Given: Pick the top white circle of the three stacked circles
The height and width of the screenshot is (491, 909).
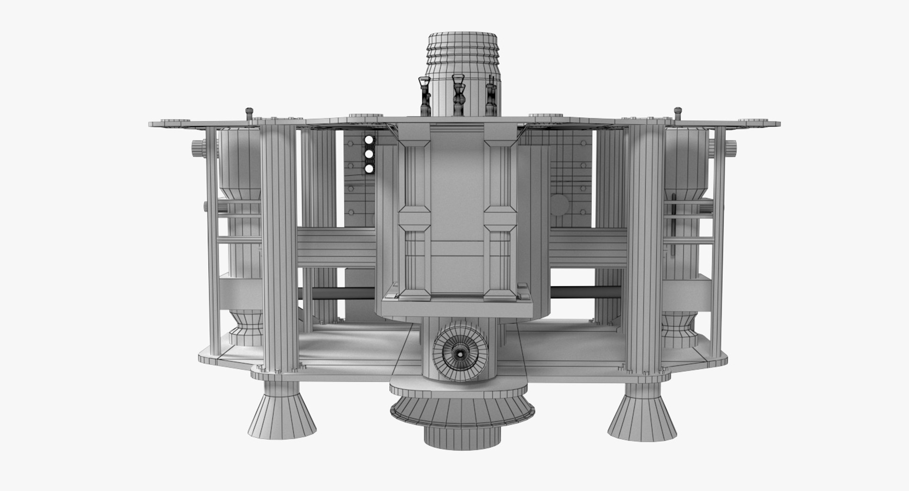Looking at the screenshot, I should (369, 140).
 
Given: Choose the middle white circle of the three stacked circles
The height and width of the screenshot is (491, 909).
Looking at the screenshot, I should (369, 154).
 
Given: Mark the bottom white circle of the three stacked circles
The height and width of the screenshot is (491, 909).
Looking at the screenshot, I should (369, 168).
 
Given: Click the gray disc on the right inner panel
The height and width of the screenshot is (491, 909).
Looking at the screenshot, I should (559, 204).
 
